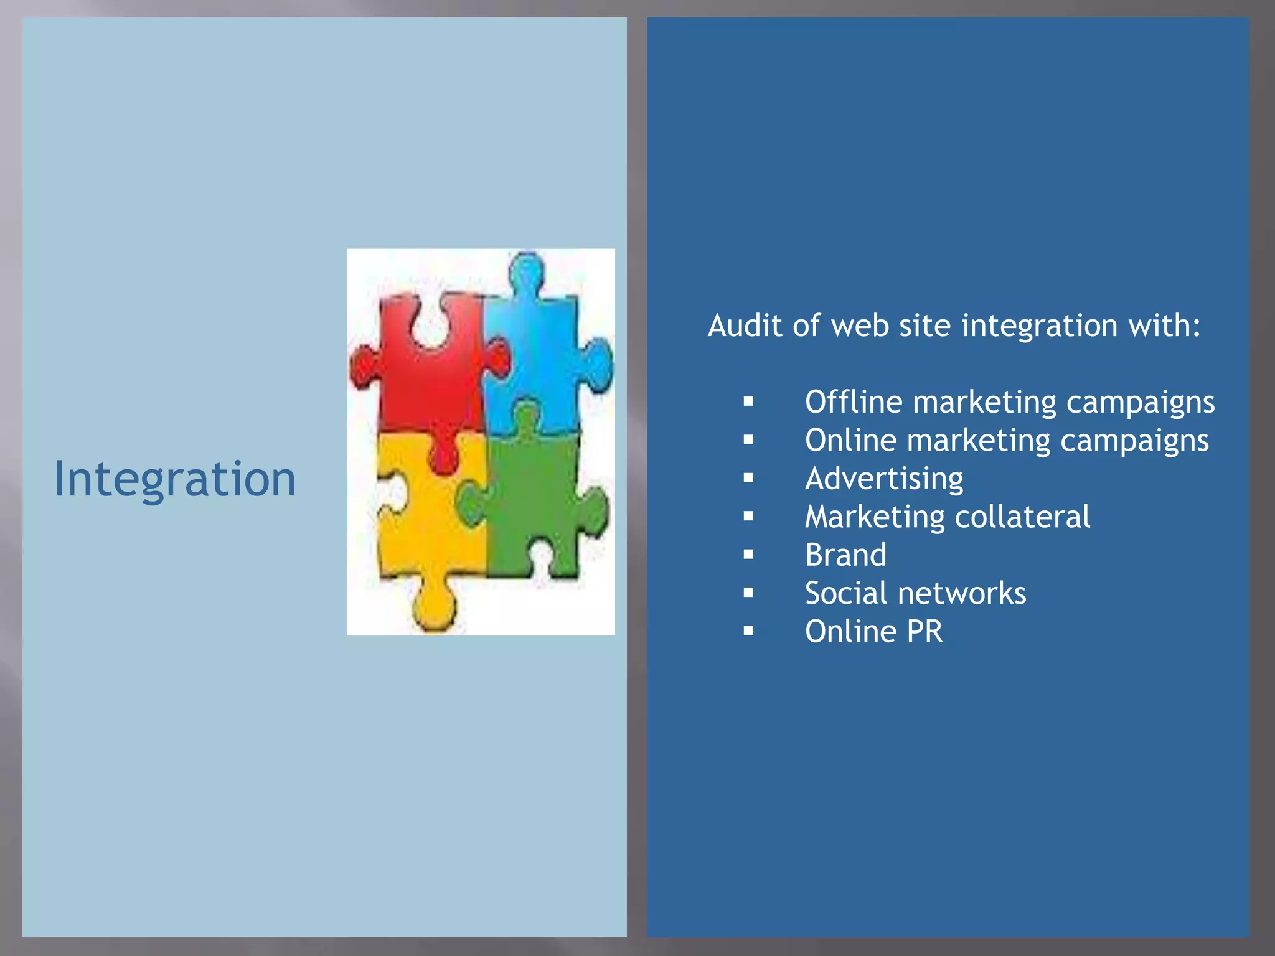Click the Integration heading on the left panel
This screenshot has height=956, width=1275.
point(175,479)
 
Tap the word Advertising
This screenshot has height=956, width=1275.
point(884,479)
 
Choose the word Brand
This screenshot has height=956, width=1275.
point(845,555)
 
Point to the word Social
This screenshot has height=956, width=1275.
point(844,594)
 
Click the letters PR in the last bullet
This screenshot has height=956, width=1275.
point(924,632)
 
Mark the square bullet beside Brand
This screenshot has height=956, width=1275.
point(748,555)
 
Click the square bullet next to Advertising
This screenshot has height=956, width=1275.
point(748,478)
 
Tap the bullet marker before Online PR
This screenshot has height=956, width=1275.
point(748,631)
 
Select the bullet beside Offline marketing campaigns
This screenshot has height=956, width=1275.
point(748,401)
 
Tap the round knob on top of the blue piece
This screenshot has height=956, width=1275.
point(527,271)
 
